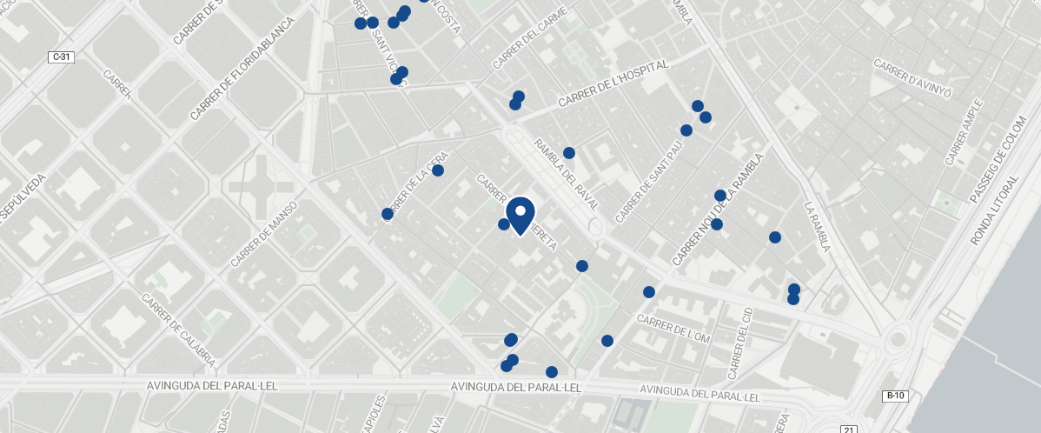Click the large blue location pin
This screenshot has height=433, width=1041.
(x=520, y=214)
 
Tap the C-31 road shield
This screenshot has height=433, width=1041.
(x=61, y=57)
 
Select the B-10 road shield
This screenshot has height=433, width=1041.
(x=895, y=396)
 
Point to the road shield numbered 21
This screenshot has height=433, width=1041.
(x=849, y=429)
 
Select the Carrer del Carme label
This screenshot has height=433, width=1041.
(x=530, y=38)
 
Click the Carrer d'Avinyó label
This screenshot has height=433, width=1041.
(x=913, y=78)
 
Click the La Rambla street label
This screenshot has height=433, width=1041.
(x=818, y=227)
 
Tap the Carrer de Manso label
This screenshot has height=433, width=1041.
(x=264, y=235)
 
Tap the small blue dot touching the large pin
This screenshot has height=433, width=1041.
(x=504, y=224)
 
